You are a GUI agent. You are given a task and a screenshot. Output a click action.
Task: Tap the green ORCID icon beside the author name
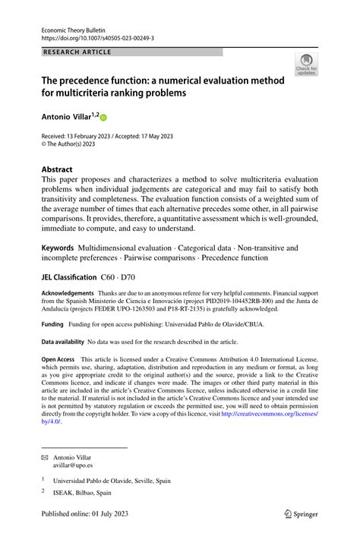pos(103,118)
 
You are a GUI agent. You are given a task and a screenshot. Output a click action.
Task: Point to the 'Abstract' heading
pos(57,169)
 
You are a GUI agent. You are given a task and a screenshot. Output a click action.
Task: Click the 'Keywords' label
pos(58,248)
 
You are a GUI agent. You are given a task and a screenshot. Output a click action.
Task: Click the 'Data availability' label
pos(63,342)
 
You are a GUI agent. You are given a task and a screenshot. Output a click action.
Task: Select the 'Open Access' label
pos(58,358)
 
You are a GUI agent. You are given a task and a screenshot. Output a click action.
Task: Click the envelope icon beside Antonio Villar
pos(44,459)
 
